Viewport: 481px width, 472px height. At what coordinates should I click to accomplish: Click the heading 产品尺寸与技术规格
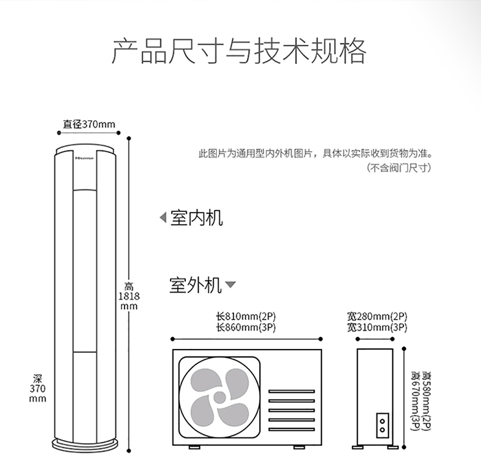(239, 51)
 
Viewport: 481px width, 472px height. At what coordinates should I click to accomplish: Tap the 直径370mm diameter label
(89, 124)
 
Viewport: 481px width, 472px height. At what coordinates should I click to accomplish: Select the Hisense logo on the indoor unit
(85, 158)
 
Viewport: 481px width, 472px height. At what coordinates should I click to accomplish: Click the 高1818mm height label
(129, 297)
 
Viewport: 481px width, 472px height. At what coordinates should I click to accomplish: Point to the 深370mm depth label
(38, 388)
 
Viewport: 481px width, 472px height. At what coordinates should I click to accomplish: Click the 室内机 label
(197, 218)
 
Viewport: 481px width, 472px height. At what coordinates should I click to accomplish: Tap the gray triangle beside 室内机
(163, 218)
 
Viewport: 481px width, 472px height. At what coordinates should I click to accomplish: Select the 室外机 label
(196, 285)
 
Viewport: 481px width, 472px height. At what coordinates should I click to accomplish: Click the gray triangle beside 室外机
(230, 284)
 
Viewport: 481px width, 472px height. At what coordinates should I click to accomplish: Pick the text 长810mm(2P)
(246, 316)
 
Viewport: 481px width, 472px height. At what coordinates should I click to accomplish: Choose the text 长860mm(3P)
(246, 327)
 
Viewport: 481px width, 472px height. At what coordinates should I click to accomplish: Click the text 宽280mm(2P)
(377, 316)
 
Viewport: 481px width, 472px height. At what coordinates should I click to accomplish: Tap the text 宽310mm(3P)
(377, 327)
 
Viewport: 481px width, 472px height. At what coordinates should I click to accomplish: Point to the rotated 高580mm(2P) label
(426, 401)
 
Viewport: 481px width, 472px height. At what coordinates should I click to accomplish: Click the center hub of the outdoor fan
(219, 397)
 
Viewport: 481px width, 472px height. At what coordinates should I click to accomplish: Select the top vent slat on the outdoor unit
(291, 391)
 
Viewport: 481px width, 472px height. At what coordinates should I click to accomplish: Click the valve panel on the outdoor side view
(382, 425)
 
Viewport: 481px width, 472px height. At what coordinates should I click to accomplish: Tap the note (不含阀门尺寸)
(399, 168)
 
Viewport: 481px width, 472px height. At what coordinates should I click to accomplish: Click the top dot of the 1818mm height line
(129, 138)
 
